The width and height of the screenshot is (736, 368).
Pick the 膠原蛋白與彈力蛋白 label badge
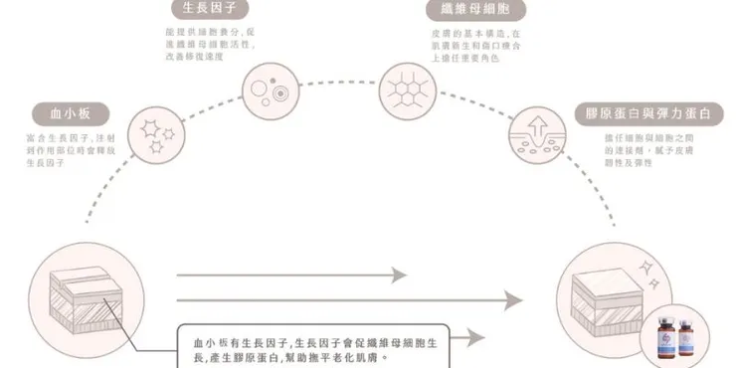[x=645, y=112]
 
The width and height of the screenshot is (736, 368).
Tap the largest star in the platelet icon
[x=151, y=128]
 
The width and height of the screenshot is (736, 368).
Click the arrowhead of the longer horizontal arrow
[x=513, y=299]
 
